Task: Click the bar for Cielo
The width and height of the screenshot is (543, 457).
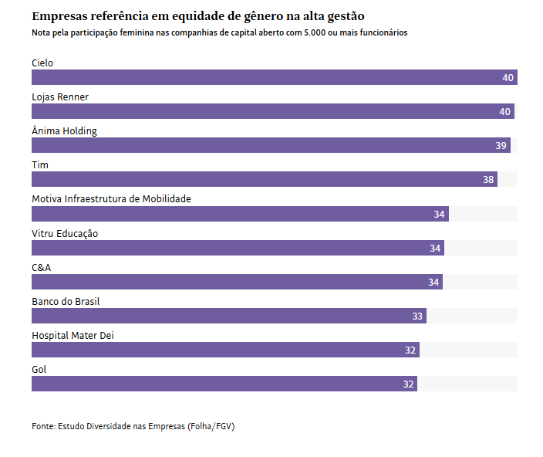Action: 274,77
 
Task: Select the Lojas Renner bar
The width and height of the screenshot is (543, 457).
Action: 272,111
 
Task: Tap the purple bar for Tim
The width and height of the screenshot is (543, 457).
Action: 264,179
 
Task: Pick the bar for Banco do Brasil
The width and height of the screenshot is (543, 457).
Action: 228,316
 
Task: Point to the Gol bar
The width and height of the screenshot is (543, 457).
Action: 224,384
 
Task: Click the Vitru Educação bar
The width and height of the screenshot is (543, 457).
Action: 238,248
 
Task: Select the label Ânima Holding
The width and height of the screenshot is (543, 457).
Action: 64,131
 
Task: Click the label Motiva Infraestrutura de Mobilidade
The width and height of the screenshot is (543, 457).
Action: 111,199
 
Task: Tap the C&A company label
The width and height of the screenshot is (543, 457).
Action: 42,267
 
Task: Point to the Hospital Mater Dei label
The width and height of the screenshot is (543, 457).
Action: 73,335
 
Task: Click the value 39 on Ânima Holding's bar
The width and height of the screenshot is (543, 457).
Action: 501,146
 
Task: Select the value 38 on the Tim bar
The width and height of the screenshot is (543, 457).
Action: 488,180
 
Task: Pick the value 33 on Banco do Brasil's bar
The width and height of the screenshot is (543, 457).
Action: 417,317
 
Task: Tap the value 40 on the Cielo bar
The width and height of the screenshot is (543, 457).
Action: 508,78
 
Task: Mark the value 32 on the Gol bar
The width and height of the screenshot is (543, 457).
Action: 409,384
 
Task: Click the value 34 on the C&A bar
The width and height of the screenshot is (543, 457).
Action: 433,283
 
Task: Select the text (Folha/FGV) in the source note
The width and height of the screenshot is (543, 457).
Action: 211,426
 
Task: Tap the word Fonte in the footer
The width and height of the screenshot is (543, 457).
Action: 43,426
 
